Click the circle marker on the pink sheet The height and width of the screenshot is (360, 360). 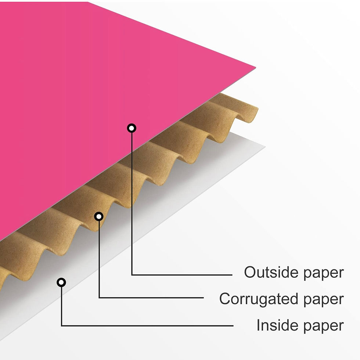[132, 128]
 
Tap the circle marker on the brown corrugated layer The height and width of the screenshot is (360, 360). [98, 216]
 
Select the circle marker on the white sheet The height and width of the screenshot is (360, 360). [61, 282]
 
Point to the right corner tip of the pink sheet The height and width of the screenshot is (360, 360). [255, 68]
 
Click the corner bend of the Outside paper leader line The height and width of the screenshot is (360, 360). [132, 274]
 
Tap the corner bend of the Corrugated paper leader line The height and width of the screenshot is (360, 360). [99, 297]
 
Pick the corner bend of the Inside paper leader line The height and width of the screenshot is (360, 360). [62, 325]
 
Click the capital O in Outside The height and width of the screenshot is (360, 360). [251, 273]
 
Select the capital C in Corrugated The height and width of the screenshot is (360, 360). [225, 299]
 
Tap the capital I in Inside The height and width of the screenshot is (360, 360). [258, 325]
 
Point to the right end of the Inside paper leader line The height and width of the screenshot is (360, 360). [233, 325]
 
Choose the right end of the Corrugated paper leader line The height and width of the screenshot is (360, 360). [203, 297]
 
